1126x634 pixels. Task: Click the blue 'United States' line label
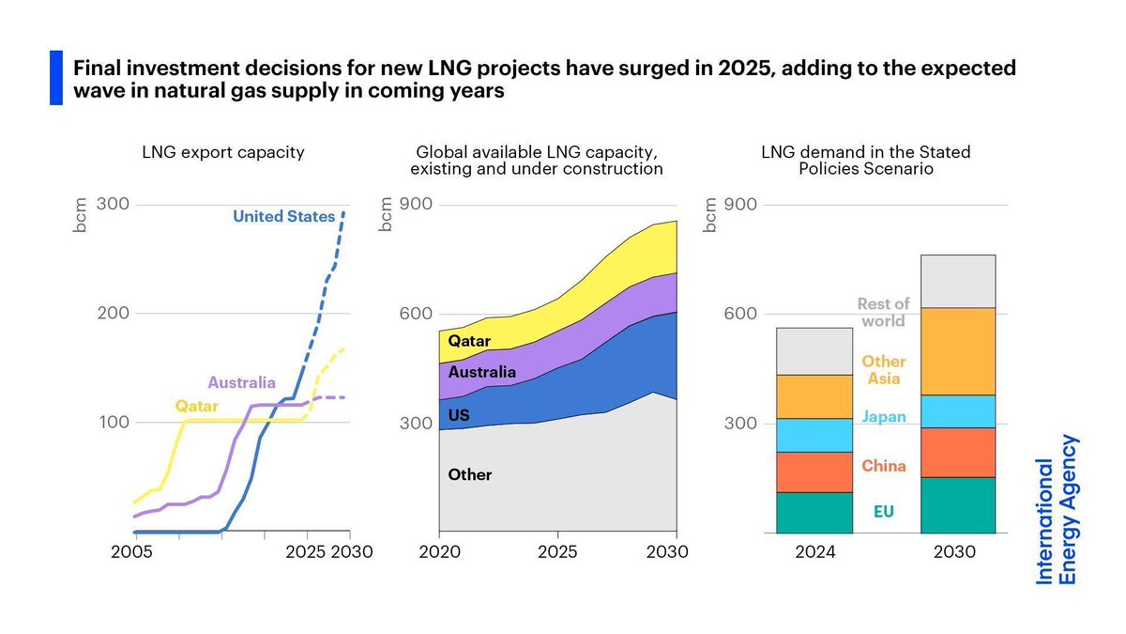(x=283, y=217)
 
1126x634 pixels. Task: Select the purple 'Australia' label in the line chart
(x=241, y=382)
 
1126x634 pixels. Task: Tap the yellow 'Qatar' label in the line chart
(x=196, y=406)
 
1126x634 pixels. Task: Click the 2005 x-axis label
(x=131, y=552)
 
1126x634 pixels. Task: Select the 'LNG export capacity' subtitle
(x=222, y=152)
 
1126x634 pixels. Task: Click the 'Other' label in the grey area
(x=469, y=474)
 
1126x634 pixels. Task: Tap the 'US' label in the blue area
(x=459, y=414)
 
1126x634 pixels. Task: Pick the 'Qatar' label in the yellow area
(x=469, y=341)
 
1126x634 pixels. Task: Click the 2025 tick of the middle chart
(x=558, y=552)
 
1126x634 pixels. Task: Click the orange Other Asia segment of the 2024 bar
(x=814, y=396)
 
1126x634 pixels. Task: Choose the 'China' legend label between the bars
(x=883, y=466)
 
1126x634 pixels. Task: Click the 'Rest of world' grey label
(x=883, y=312)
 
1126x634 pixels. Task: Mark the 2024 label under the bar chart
(x=814, y=552)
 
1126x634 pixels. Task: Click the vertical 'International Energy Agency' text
(x=1057, y=509)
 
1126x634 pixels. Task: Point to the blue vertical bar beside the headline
(x=55, y=78)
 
